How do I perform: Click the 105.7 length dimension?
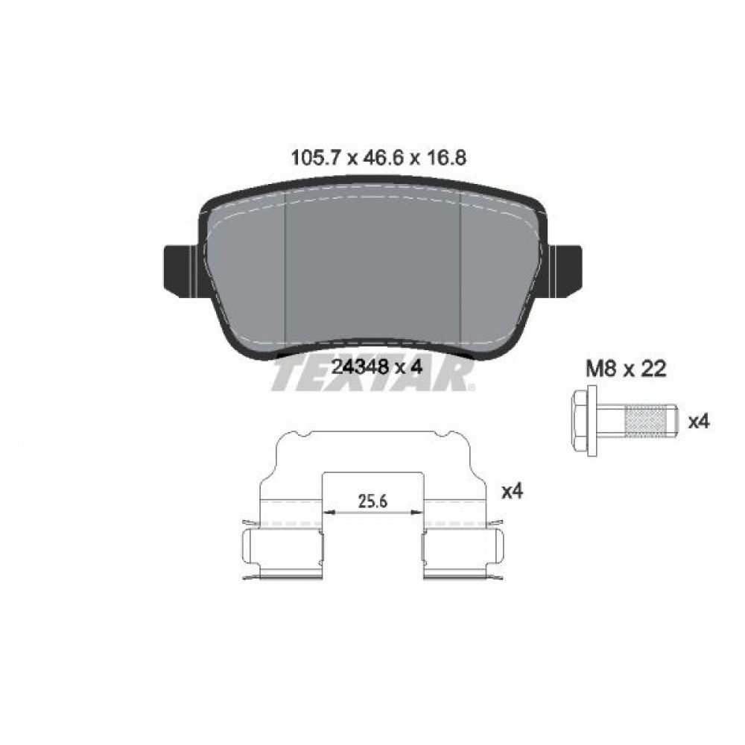pos(314,158)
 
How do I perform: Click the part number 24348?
pos(360,367)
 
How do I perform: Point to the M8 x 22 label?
pos(626,369)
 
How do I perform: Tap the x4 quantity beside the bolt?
pos(699,422)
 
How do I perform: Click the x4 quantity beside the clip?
pos(513,492)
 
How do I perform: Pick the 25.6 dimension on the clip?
pos(373,501)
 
